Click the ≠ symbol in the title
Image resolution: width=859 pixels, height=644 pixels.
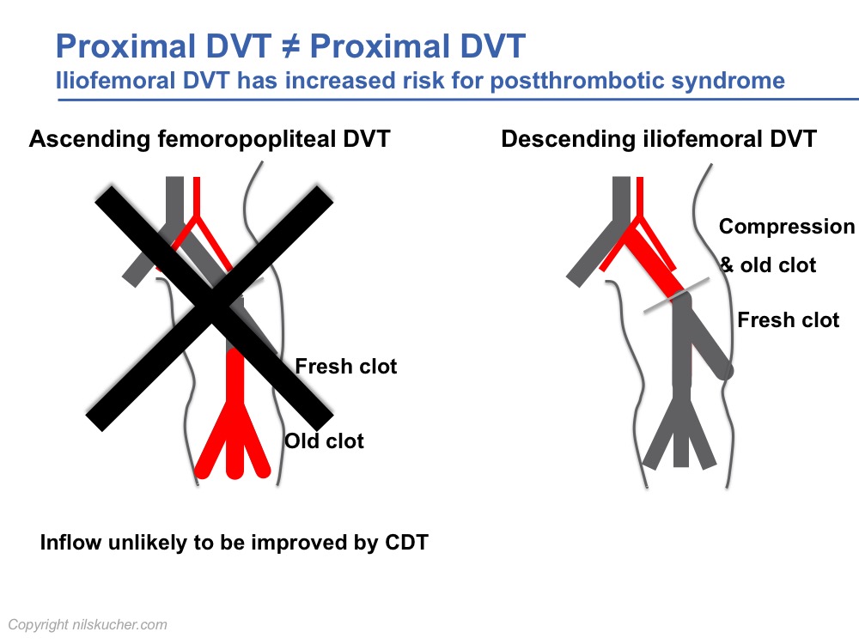pyautogui.click(x=291, y=46)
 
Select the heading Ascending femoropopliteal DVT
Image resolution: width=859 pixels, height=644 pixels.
pyautogui.click(x=210, y=139)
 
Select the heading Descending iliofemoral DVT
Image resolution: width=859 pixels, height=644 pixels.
pyautogui.click(x=659, y=139)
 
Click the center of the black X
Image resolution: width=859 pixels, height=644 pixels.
pyautogui.click(x=214, y=307)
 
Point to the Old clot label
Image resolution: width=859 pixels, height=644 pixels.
pyautogui.click(x=325, y=440)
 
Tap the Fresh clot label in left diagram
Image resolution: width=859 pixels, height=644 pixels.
pyautogui.click(x=345, y=367)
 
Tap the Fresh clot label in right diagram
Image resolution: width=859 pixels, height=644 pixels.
pyautogui.click(x=789, y=319)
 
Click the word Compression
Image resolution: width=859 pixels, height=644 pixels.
pyautogui.click(x=787, y=227)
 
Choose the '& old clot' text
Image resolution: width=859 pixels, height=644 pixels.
pyautogui.click(x=768, y=265)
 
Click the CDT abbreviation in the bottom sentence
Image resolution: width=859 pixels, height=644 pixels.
pyautogui.click(x=407, y=542)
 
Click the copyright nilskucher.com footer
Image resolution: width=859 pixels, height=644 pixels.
pyautogui.click(x=88, y=625)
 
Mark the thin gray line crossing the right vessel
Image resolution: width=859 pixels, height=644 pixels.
pyautogui.click(x=676, y=295)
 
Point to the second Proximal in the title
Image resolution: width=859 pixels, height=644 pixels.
pyautogui.click(x=382, y=46)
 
